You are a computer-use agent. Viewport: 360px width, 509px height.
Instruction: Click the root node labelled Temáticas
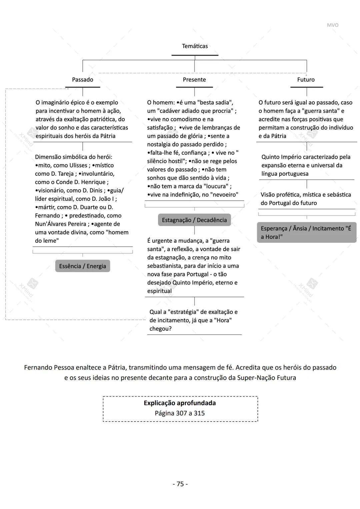[x=195, y=46]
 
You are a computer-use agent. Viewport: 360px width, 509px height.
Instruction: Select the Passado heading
[x=83, y=80]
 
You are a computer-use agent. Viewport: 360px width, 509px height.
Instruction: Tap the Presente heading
[x=194, y=80]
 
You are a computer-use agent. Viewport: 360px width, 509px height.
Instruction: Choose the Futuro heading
[x=306, y=80]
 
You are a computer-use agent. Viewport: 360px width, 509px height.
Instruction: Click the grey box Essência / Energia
[x=82, y=266]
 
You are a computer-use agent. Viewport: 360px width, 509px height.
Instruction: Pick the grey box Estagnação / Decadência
[x=194, y=220]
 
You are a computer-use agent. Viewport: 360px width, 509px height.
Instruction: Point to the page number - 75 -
[x=180, y=484]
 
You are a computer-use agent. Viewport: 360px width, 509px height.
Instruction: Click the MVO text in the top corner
[x=332, y=25]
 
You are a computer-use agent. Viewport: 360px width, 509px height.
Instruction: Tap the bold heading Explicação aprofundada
[x=180, y=403]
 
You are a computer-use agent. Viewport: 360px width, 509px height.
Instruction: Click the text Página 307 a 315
[x=180, y=413]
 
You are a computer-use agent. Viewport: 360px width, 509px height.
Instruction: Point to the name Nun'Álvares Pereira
[x=61, y=224]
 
